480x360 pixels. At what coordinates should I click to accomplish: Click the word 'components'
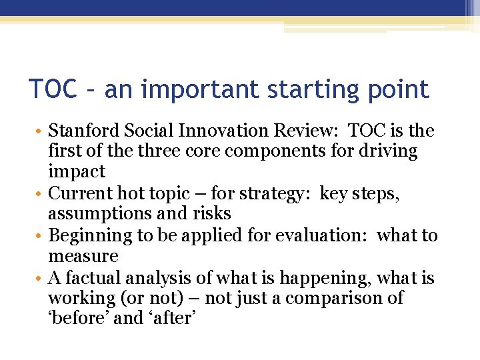click(261, 151)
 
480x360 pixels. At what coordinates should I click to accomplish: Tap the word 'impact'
click(77, 172)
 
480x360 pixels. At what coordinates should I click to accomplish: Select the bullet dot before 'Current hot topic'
click(41, 193)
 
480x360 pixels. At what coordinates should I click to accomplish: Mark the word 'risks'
click(213, 214)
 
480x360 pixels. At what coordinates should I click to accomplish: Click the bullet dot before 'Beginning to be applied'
click(41, 235)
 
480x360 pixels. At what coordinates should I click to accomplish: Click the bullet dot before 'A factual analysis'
click(41, 277)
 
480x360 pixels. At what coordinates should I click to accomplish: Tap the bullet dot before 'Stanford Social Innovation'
click(41, 131)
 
